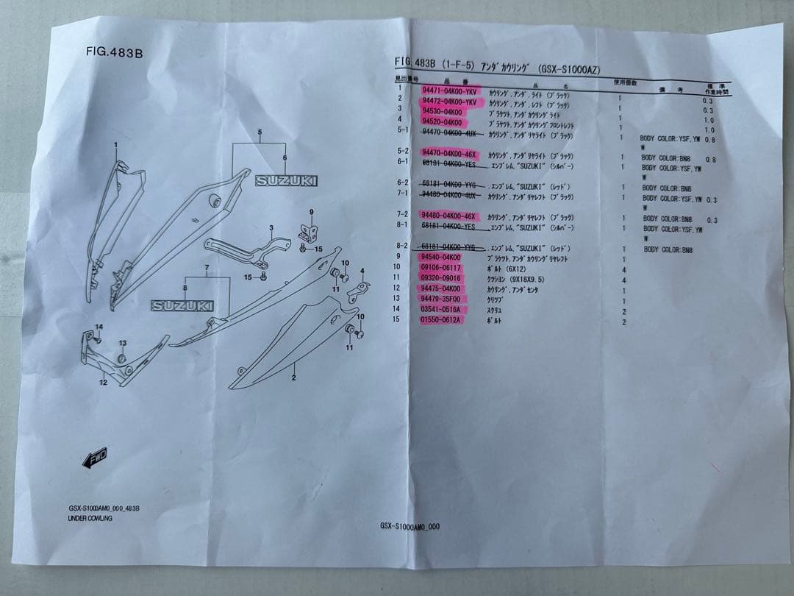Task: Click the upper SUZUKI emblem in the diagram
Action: [286, 180]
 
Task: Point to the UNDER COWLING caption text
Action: [90, 519]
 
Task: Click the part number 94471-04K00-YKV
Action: [449, 91]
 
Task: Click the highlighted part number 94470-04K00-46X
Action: [450, 155]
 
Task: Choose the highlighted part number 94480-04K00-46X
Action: [449, 216]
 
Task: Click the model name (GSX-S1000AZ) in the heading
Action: [569, 69]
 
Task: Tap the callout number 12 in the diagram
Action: [103, 383]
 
